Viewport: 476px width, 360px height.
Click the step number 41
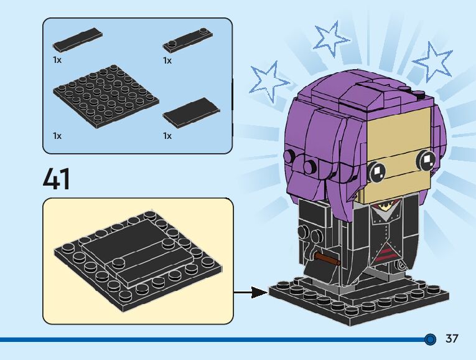click(x=57, y=178)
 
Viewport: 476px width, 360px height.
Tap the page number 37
click(x=452, y=339)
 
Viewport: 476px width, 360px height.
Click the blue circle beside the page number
click(x=430, y=339)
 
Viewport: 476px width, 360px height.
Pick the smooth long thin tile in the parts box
click(x=78, y=40)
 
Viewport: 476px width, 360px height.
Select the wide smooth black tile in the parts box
click(x=192, y=113)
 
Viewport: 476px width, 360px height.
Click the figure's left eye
click(x=376, y=169)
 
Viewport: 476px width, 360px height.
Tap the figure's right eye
click(x=427, y=161)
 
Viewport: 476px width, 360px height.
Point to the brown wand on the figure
click(x=326, y=257)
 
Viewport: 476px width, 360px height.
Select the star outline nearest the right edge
click(x=433, y=63)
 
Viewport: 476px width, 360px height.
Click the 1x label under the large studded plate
click(x=57, y=135)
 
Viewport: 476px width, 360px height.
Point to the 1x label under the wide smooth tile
click(x=167, y=135)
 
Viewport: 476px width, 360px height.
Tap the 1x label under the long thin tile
click(x=57, y=60)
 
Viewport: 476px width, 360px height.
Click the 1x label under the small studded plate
click(x=167, y=60)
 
